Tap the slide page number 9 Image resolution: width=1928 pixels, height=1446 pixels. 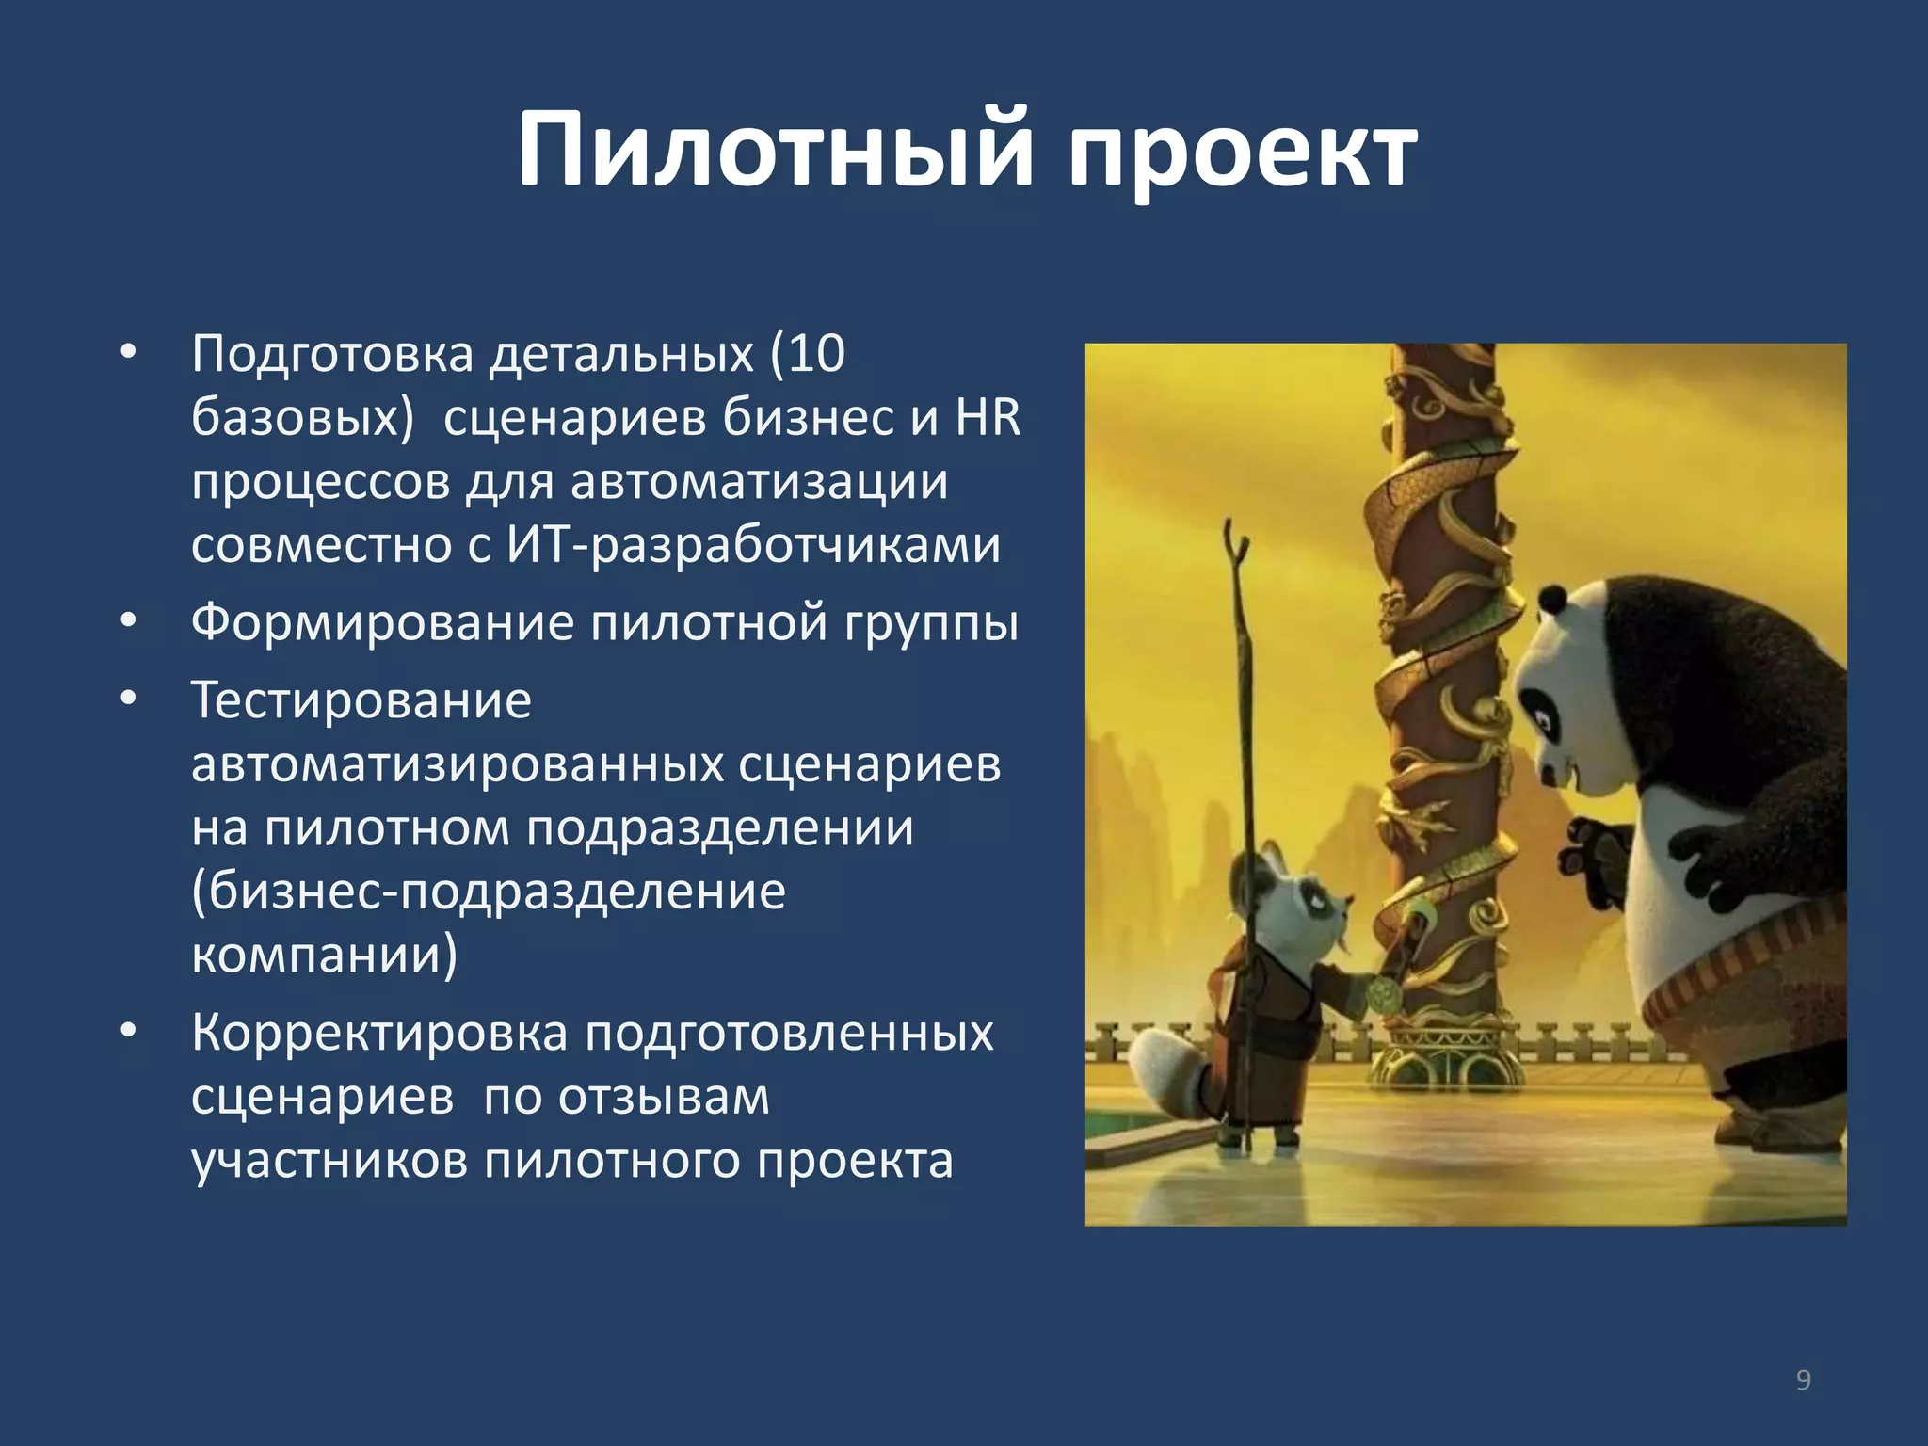1803,1380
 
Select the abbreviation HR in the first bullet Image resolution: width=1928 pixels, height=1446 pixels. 988,418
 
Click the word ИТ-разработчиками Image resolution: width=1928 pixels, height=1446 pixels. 753,545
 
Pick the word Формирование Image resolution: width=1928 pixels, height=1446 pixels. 382,623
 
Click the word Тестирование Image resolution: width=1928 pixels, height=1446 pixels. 361,701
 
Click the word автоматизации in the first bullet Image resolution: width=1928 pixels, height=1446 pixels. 759,482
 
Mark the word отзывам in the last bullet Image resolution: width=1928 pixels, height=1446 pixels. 664,1097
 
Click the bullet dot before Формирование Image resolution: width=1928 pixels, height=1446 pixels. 129,621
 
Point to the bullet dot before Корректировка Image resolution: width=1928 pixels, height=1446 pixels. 129,1031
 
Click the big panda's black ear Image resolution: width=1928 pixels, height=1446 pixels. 1551,597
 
